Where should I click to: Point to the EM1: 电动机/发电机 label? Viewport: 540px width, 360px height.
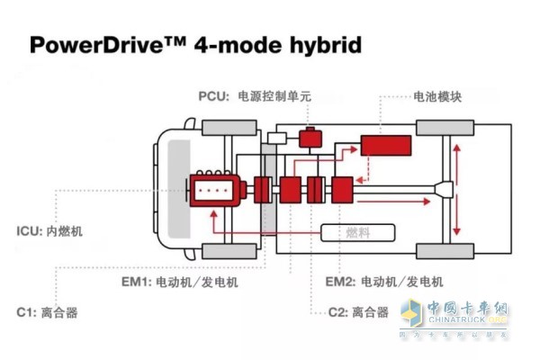pos(193,281)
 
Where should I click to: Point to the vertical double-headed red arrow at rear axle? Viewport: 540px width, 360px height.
pos(463,190)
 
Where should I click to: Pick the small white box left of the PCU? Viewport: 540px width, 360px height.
pos(277,139)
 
